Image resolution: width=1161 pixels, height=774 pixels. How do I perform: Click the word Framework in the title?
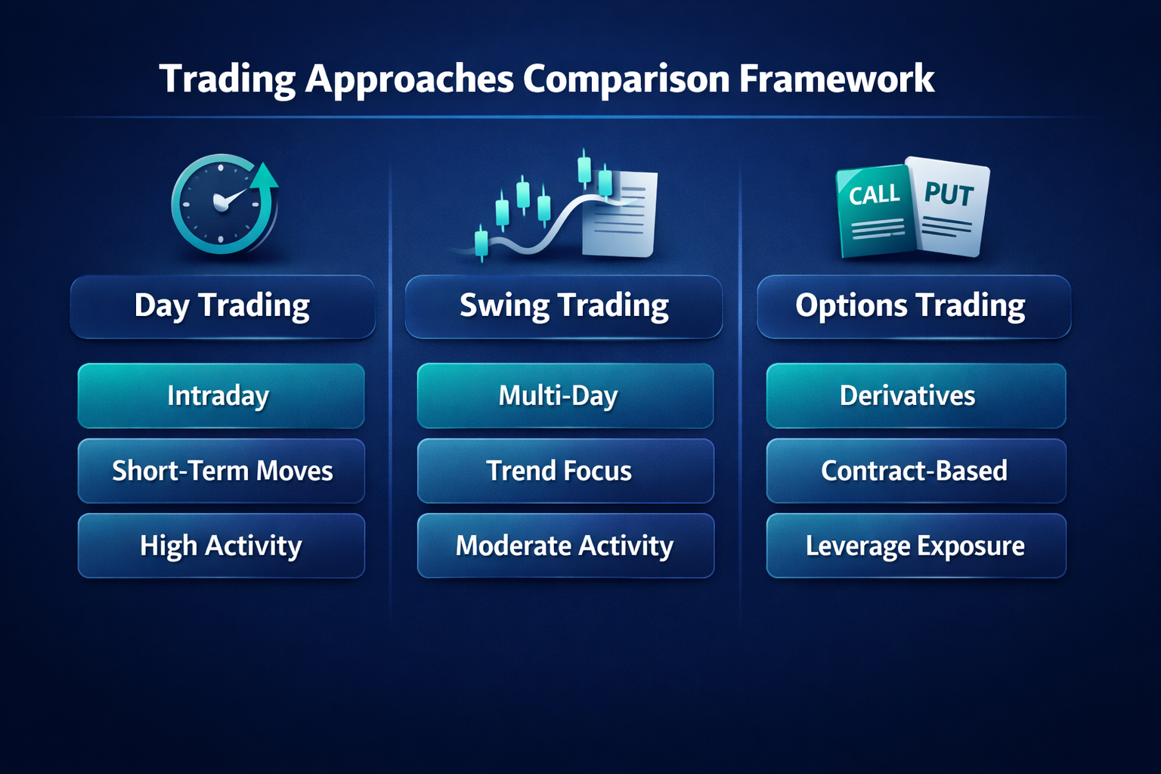pos(837,79)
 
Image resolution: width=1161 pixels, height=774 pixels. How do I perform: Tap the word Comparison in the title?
pos(626,80)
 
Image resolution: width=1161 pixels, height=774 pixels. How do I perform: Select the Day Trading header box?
pos(222,306)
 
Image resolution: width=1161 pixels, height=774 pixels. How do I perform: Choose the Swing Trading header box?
pos(563,306)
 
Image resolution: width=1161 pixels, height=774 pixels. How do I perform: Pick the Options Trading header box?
pos(914,306)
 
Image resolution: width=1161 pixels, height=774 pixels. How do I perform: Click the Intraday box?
pos(221,395)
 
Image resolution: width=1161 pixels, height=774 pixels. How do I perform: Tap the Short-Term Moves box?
pos(221,471)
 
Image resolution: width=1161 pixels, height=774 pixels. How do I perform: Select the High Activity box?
pos(221,546)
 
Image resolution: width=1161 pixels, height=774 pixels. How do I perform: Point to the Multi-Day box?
pos(565,395)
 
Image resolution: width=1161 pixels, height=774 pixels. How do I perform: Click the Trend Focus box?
pos(565,471)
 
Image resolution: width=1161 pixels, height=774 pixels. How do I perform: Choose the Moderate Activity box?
pos(565,546)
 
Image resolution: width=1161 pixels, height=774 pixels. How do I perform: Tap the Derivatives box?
pos(916,395)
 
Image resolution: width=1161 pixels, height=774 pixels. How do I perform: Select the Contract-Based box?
pos(916,471)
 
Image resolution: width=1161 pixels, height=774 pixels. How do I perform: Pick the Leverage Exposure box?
pos(916,546)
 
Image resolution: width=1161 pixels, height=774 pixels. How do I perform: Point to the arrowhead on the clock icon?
pos(265,175)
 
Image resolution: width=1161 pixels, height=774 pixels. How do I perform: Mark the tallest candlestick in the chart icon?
pos(584,168)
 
